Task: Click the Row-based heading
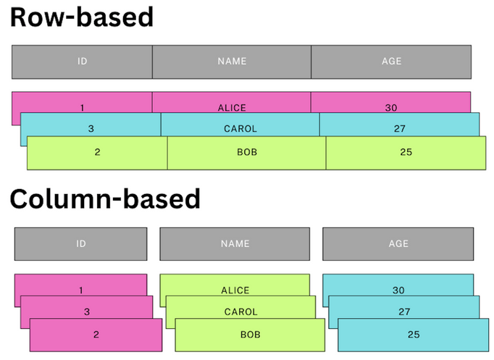81,17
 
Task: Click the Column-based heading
104,198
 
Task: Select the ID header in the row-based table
82,62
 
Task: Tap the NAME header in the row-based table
232,62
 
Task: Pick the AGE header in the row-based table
391,62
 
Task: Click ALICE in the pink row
232,107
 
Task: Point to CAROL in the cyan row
240,129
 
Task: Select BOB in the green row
247,153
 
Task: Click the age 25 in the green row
406,153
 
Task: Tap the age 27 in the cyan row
399,129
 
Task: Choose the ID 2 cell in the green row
97,153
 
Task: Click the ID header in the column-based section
81,244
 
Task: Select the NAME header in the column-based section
235,244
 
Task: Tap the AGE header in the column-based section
398,244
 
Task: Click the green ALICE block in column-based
235,289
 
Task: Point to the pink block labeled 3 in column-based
87,311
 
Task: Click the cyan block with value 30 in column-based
398,289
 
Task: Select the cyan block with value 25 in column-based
414,335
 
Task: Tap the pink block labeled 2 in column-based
96,335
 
